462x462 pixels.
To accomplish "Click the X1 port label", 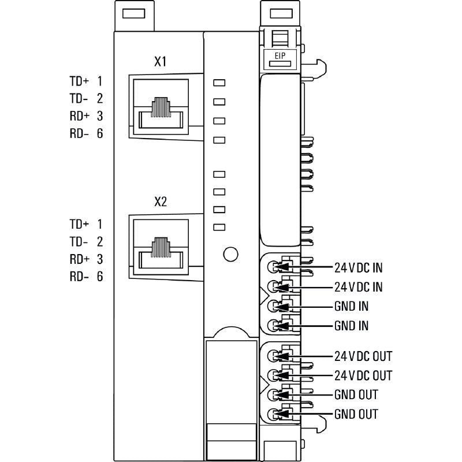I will click(161, 62).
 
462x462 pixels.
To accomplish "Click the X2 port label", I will click(161, 202).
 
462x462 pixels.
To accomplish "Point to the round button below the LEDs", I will click(230, 254).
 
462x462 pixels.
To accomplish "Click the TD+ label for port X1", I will click(79, 81).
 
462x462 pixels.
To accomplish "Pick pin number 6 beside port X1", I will click(100, 133).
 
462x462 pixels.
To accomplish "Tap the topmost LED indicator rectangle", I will click(219, 83).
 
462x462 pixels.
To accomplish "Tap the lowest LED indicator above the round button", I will click(219, 227).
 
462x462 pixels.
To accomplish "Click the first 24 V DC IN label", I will click(358, 267).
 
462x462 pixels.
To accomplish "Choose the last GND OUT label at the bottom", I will click(356, 414).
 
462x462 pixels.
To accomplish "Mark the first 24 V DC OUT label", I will click(363, 356).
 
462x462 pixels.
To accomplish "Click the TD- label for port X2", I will click(79, 241).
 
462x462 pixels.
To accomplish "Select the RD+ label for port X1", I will click(79, 115).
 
